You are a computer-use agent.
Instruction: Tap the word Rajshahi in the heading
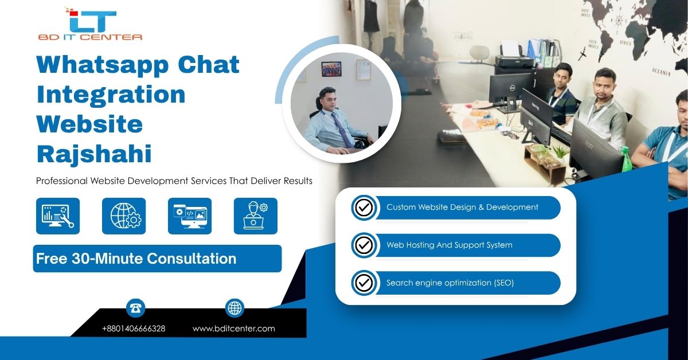(x=94, y=154)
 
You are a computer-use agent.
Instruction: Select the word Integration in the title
(x=111, y=95)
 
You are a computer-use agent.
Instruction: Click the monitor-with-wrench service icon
(x=58, y=216)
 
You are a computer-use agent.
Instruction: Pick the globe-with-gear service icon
(x=124, y=216)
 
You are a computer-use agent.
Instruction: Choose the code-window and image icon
(x=190, y=216)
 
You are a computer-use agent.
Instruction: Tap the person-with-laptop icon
(x=256, y=216)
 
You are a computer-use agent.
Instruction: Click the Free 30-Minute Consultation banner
(x=157, y=259)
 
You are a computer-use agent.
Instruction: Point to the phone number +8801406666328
(x=134, y=328)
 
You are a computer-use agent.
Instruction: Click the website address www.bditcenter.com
(x=234, y=328)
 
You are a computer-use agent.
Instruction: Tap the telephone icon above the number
(x=136, y=308)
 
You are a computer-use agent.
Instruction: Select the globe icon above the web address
(x=234, y=308)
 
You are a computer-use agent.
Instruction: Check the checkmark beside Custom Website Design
(x=363, y=208)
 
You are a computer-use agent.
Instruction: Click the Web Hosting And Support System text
(x=449, y=245)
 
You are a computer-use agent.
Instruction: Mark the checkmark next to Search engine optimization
(x=363, y=283)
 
